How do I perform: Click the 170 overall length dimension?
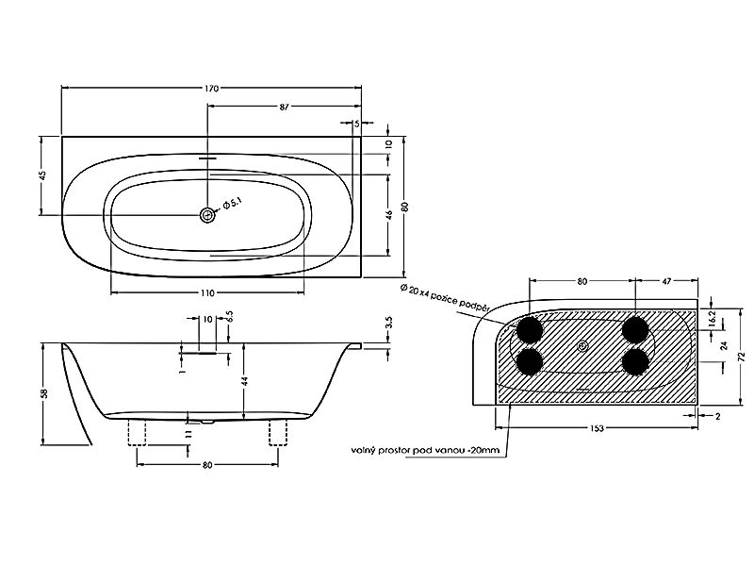(211, 89)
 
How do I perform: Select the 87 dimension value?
(285, 107)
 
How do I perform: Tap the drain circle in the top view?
(207, 215)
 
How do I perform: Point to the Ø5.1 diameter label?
(231, 204)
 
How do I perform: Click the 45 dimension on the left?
(42, 175)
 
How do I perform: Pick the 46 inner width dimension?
(389, 214)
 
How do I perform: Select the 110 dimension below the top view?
(207, 293)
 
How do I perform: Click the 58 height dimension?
(44, 393)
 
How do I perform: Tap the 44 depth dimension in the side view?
(245, 381)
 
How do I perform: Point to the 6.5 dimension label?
(230, 316)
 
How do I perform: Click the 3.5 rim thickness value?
(389, 322)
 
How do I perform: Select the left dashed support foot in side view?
(137, 432)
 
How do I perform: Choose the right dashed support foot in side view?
(278, 432)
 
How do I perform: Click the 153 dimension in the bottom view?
(597, 428)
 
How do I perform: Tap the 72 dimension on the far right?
(742, 357)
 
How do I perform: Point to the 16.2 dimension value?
(713, 319)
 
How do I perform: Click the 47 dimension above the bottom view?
(666, 281)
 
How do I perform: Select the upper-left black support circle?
(530, 329)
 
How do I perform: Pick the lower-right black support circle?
(635, 361)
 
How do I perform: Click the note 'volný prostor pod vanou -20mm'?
(425, 451)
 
